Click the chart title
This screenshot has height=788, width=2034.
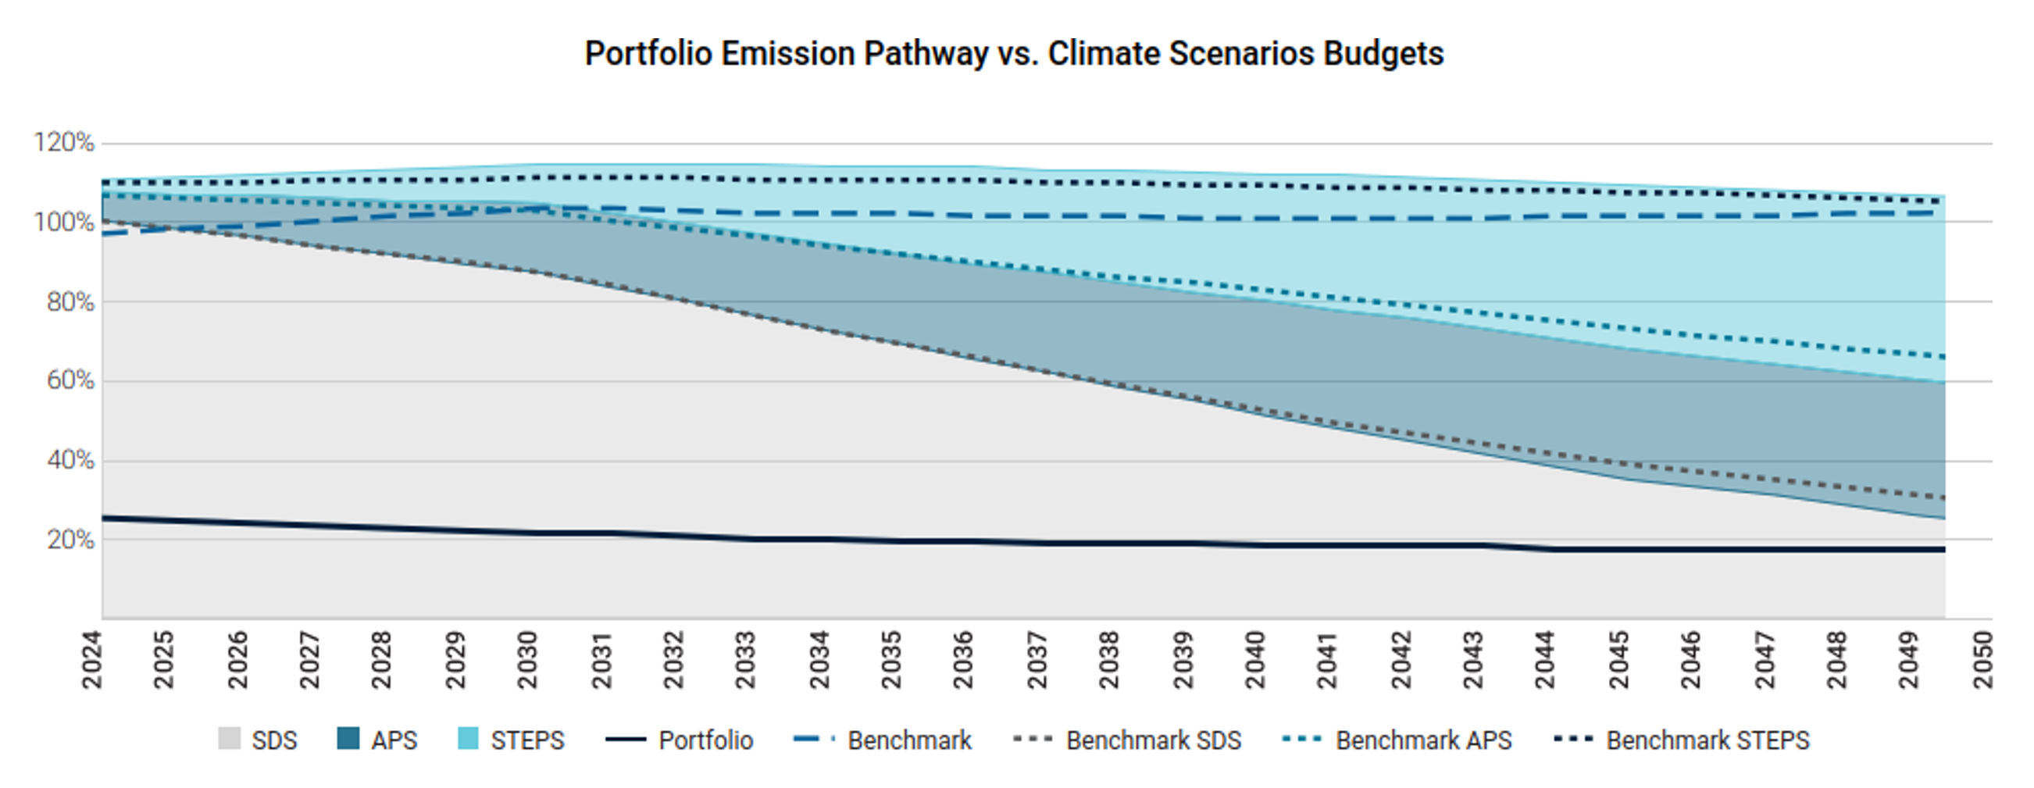coord(1014,54)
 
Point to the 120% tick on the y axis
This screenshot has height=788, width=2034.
coord(63,143)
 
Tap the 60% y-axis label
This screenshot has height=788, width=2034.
coord(70,380)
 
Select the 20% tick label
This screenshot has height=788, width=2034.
coord(70,540)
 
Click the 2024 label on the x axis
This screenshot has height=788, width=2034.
coord(91,660)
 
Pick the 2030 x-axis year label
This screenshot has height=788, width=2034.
coord(527,660)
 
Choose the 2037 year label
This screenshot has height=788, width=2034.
coord(1037,660)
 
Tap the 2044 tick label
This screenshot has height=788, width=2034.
coord(1546,660)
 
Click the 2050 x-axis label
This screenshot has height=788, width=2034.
coord(1982,660)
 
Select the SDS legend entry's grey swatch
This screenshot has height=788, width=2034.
coord(229,739)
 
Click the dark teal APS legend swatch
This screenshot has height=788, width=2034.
coord(348,739)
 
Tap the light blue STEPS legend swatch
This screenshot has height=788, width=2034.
coord(468,739)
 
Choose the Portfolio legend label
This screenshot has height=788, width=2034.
coord(706,740)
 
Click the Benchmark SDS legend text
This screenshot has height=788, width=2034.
coord(1154,740)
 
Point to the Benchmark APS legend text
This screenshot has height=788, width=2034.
coord(1424,740)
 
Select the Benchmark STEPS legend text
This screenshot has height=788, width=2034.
coord(1708,740)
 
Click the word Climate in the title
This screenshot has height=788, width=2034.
coord(1103,54)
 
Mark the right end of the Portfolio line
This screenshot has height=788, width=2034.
coord(1943,550)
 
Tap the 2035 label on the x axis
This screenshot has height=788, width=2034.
coord(891,660)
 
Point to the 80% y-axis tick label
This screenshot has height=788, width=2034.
coord(70,301)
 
